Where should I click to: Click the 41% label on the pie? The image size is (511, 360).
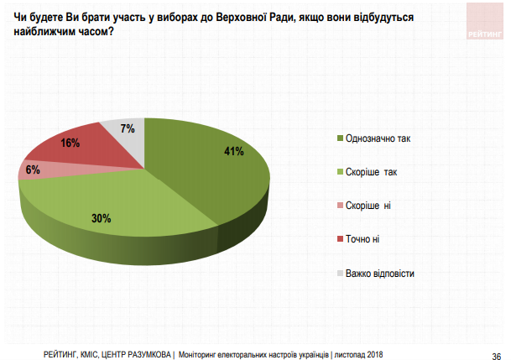[x=233, y=152]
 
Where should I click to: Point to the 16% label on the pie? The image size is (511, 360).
[x=70, y=143]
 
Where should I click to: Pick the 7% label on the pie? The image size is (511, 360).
[x=128, y=129]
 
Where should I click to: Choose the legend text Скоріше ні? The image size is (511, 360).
[x=369, y=206]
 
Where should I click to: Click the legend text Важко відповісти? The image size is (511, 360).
[x=380, y=274]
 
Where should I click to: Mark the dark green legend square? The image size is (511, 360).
[x=339, y=138]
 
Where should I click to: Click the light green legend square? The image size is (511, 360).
[x=339, y=171]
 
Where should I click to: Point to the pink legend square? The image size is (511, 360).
[x=339, y=206]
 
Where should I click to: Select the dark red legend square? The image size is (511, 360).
[x=339, y=240]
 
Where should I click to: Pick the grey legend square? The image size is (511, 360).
[x=339, y=274]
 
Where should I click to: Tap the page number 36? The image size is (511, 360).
[x=495, y=352]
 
